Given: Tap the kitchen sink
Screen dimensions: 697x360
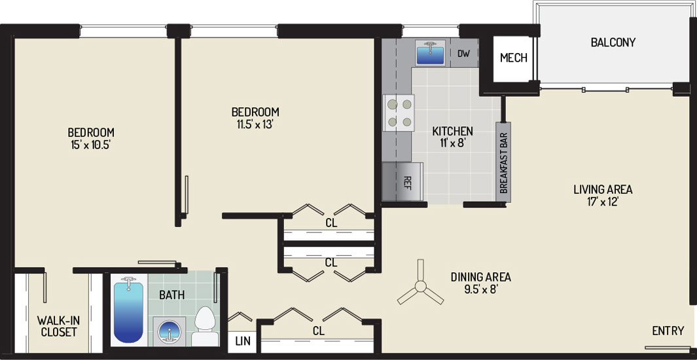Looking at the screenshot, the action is click(430, 53).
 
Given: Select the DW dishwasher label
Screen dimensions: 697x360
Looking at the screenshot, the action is click(463, 53).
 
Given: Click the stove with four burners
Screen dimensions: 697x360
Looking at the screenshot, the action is click(399, 113).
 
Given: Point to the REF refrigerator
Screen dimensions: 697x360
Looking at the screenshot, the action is click(402, 182).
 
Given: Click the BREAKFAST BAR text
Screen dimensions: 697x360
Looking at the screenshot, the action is click(504, 162).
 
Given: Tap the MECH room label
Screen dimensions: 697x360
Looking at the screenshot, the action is click(514, 58).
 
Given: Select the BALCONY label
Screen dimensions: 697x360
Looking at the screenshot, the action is click(613, 43).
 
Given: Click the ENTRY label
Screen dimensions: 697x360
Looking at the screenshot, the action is click(668, 331).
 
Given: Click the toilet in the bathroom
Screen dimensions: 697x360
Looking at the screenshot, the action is click(206, 326).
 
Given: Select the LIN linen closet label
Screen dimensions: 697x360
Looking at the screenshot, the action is click(243, 341).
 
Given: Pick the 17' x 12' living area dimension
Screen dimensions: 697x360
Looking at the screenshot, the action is click(603, 202).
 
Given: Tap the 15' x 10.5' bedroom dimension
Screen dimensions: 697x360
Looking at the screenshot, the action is click(91, 145).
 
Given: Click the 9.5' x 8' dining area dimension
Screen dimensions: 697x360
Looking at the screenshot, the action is click(480, 289).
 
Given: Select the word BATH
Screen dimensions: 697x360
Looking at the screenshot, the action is click(171, 295).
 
